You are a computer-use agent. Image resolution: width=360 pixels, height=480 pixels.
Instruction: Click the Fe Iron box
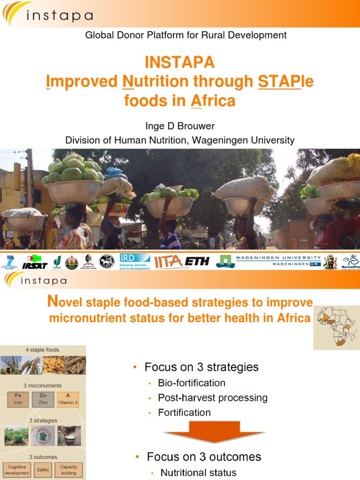point(18,399)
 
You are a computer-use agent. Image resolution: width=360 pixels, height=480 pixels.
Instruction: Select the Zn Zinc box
point(43,399)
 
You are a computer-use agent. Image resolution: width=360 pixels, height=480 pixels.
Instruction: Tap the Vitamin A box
point(68,399)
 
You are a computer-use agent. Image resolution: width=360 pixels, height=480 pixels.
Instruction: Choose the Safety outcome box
point(43,470)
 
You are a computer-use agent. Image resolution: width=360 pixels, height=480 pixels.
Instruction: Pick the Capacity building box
point(68,470)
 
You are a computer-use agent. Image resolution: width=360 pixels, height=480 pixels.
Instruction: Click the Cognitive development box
point(17,470)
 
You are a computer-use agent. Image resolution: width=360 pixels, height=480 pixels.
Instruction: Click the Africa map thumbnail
point(334,327)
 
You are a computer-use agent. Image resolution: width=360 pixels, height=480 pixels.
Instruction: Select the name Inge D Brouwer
point(180,125)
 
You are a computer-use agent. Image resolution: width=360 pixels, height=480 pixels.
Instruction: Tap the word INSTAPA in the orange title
point(180,62)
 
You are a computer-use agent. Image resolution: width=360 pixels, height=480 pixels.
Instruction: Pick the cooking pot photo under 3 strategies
point(69,436)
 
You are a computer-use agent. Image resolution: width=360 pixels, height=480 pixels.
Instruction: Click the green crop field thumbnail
point(16,436)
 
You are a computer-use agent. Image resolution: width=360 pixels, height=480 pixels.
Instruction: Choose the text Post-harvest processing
point(212,397)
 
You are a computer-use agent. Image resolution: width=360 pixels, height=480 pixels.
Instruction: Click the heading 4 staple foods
point(43,350)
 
